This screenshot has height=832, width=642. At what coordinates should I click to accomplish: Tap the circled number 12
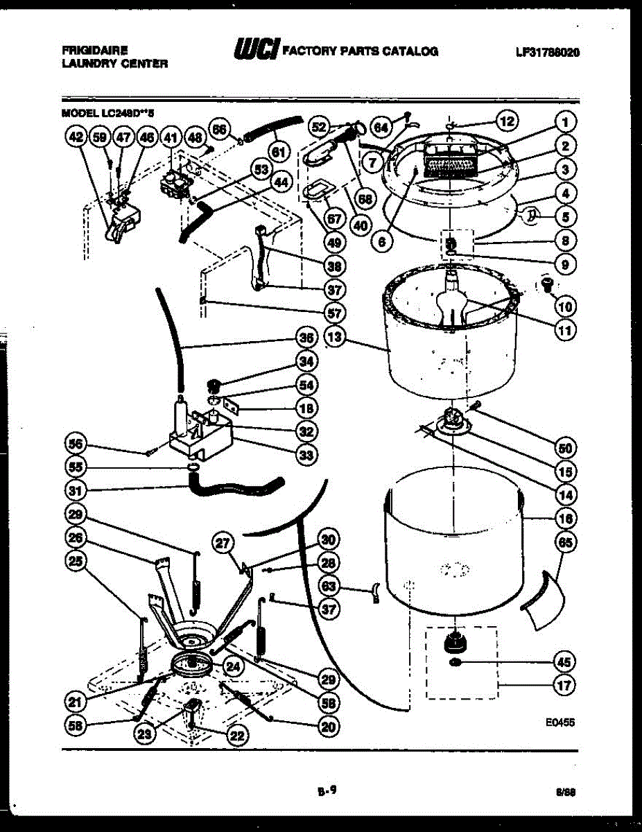tap(507, 121)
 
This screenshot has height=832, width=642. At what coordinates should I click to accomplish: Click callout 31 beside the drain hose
tap(76, 491)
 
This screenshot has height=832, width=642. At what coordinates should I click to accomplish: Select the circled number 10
tap(566, 305)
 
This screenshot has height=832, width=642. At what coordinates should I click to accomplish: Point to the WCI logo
tap(257, 49)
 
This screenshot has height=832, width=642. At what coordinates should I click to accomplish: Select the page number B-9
tap(327, 788)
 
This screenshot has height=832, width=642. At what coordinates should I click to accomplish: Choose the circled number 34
tap(305, 361)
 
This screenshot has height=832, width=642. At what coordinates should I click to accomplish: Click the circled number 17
tap(566, 687)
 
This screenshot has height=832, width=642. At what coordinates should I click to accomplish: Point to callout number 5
tap(566, 217)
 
